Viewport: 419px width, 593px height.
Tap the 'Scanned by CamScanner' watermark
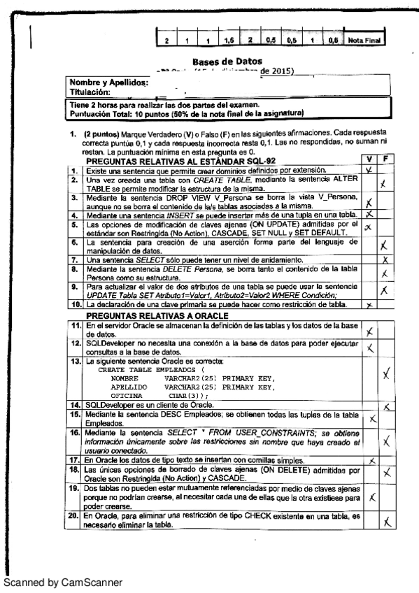tap(62, 582)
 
